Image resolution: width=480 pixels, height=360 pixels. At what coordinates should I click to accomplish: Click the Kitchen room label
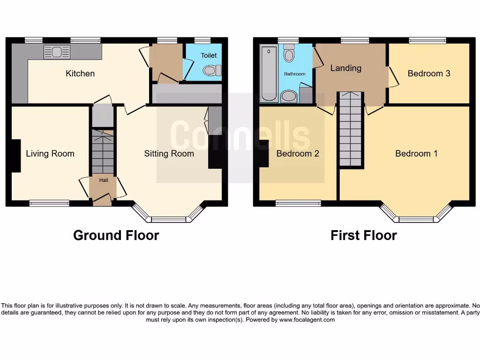[x=80, y=74]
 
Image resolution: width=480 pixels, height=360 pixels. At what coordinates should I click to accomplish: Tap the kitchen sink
[x=57, y=52]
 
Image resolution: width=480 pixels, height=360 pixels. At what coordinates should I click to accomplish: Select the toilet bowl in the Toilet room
[x=212, y=71]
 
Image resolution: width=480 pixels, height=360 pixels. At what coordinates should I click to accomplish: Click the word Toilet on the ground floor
[x=209, y=55]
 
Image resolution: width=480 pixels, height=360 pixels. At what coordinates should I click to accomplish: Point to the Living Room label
[x=50, y=153]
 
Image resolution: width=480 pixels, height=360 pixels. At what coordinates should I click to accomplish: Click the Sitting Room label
[x=169, y=153]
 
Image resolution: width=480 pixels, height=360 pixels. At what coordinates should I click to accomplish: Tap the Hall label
[x=103, y=180]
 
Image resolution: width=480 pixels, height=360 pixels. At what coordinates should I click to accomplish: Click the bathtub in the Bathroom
[x=269, y=73]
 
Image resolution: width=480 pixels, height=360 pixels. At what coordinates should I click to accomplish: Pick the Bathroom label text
[x=294, y=74]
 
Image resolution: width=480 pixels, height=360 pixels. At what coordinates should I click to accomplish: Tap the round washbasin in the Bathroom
[x=289, y=97]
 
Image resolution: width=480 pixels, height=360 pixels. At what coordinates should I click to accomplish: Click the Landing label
[x=346, y=68]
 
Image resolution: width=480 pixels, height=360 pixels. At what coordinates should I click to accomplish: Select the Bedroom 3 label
[x=428, y=74]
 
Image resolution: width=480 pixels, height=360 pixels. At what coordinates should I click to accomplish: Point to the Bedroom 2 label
[x=298, y=153]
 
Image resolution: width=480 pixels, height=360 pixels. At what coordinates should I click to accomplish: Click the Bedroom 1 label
[x=416, y=153]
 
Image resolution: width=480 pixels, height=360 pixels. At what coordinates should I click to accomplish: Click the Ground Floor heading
[x=116, y=235]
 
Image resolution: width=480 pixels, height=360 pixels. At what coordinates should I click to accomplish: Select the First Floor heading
[x=363, y=235]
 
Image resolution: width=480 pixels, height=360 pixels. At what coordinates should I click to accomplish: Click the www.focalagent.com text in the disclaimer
[x=307, y=320]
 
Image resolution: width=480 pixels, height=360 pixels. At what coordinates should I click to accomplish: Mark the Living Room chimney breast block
[x=16, y=156]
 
